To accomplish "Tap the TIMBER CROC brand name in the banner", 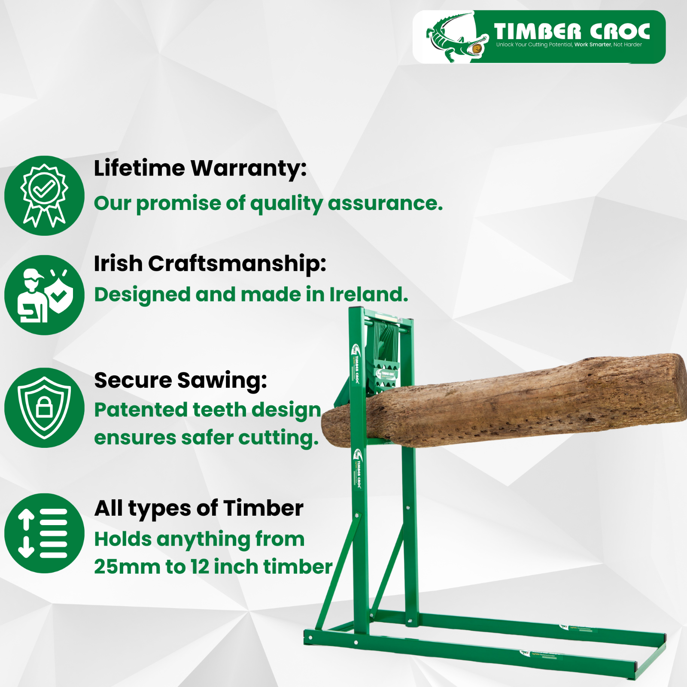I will [571, 31].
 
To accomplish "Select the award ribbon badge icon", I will [44, 195].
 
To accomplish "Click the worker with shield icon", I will [44, 295].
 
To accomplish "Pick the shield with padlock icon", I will [44, 407].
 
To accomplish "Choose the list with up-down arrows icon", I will [44, 533].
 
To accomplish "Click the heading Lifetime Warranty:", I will [200, 168].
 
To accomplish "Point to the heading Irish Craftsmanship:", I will [210, 263].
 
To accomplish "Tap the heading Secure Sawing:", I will [180, 380].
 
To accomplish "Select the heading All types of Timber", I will [199, 508].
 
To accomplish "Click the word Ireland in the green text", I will [368, 295].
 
